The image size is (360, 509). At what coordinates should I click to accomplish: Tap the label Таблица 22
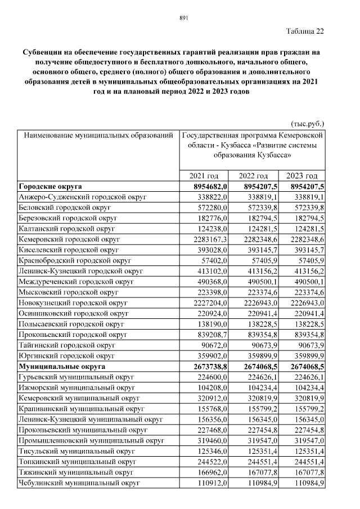coord(305,30)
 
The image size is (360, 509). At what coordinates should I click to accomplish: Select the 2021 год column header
coord(204,175)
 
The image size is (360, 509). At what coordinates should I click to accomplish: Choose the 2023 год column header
coord(302,175)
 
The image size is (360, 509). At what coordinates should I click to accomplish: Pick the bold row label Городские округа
coord(49,186)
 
